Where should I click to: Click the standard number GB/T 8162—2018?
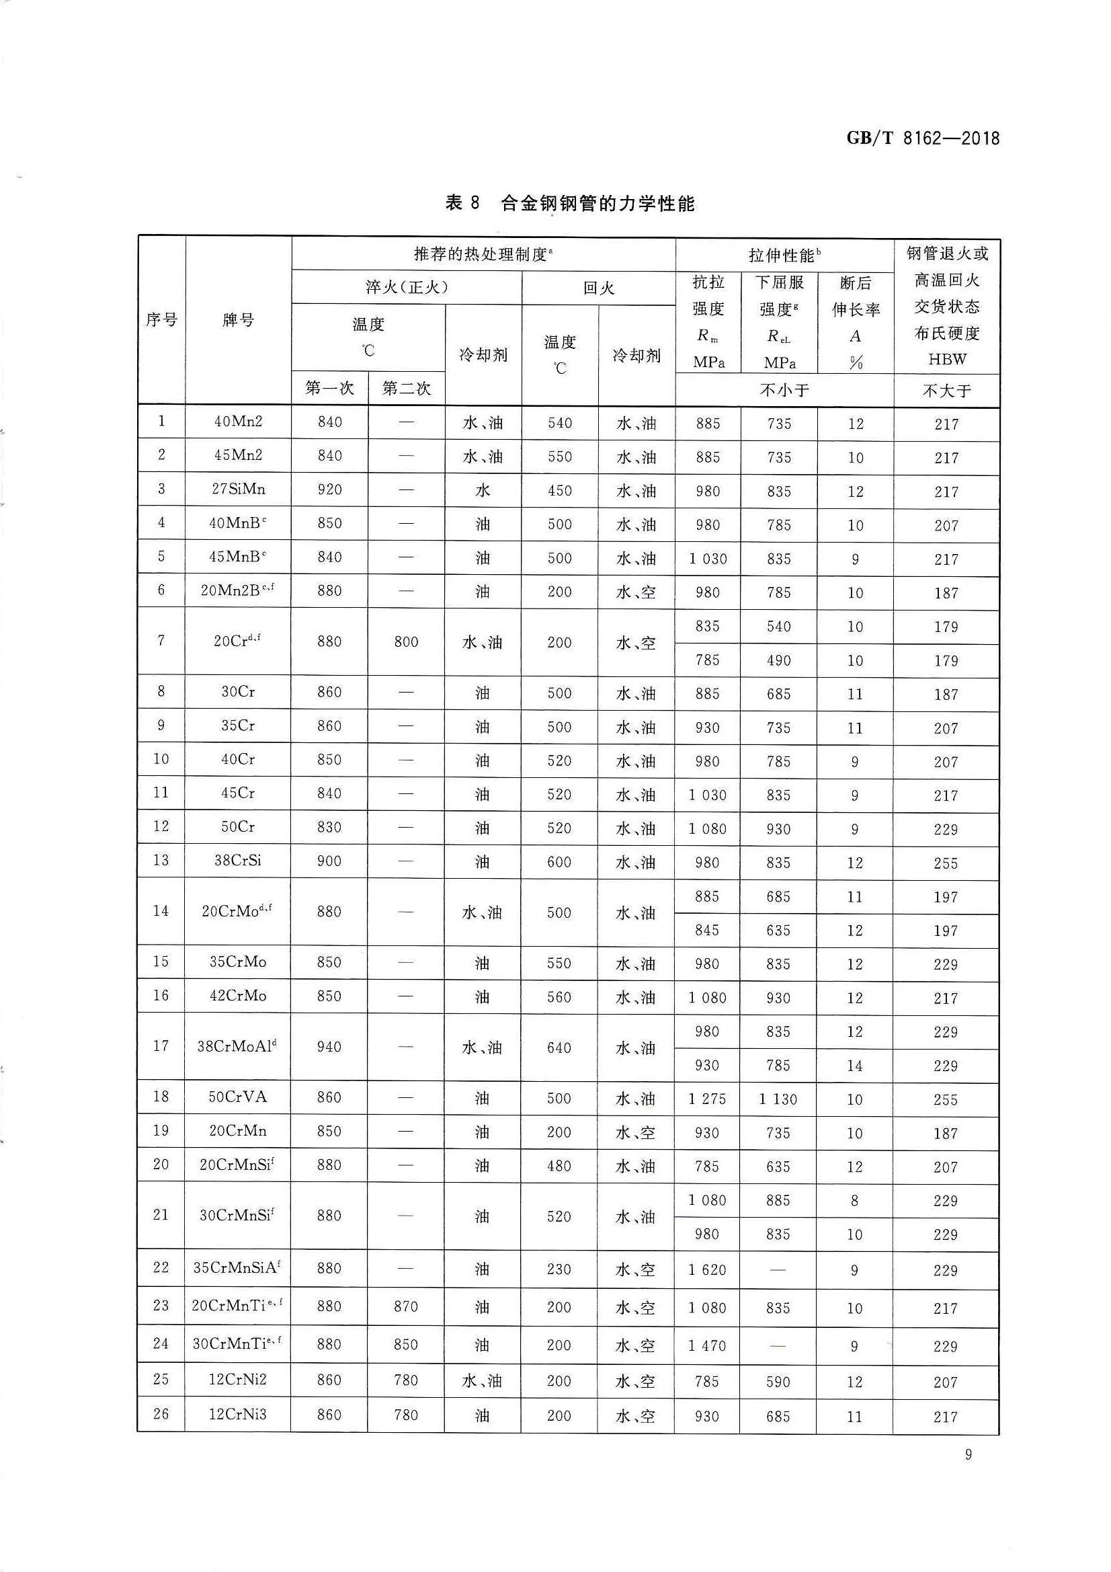(x=922, y=139)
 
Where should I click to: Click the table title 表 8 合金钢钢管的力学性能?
(x=569, y=203)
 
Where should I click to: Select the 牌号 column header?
(x=237, y=320)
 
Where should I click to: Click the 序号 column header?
(x=161, y=320)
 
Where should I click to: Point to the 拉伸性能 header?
(x=784, y=256)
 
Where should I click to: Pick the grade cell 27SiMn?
(x=237, y=489)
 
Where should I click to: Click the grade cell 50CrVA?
(x=237, y=1097)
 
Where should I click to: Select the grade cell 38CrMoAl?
(x=237, y=1046)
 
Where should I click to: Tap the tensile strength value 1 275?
(x=707, y=1099)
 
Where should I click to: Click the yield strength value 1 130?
(x=778, y=1099)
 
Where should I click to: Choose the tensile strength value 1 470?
(x=707, y=1345)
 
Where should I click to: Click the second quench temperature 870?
(x=406, y=1306)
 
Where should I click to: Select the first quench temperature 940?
(x=329, y=1046)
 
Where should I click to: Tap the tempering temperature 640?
(x=559, y=1048)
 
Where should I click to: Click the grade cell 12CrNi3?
(x=237, y=1415)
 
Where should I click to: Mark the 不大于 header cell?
(x=947, y=391)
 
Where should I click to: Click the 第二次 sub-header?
(x=406, y=388)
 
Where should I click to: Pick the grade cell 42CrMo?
(x=237, y=996)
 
